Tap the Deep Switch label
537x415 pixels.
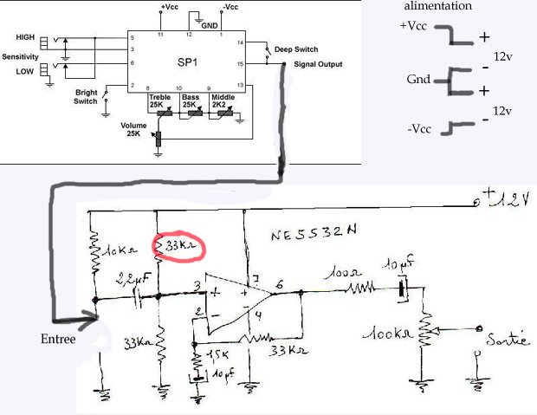click(x=295, y=49)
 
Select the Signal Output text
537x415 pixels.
click(x=318, y=64)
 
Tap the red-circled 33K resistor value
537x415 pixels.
click(x=182, y=248)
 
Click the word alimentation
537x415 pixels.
click(x=438, y=6)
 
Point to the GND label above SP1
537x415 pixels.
click(x=209, y=26)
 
